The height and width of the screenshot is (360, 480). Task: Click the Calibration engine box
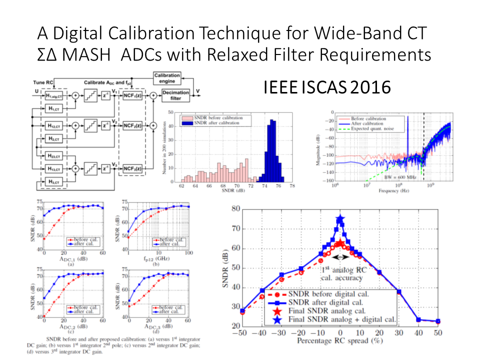[167, 78]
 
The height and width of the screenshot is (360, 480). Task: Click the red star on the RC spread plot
[340, 243]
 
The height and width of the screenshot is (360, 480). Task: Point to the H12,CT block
[50, 125]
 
